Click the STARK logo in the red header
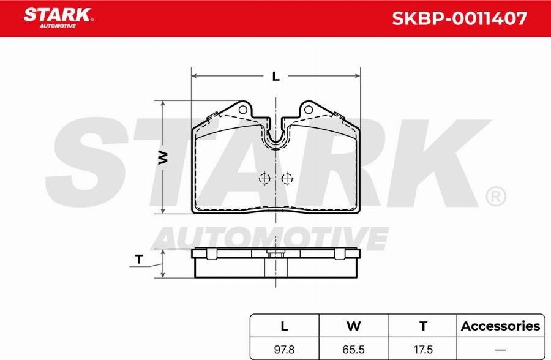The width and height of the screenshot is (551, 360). [58, 17]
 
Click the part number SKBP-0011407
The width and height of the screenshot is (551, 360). [459, 18]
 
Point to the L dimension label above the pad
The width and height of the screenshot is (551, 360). [275, 77]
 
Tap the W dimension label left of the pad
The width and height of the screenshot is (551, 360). [163, 157]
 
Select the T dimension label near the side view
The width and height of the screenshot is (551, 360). [139, 260]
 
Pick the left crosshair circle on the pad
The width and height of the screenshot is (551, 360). [264, 179]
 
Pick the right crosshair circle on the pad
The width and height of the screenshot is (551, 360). [286, 179]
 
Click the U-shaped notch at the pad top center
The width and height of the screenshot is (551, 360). [275, 138]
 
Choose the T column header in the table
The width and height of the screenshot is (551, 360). [422, 326]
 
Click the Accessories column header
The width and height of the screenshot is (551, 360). [500, 326]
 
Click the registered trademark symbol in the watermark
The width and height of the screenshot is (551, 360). [495, 197]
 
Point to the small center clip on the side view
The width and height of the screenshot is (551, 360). [275, 252]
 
